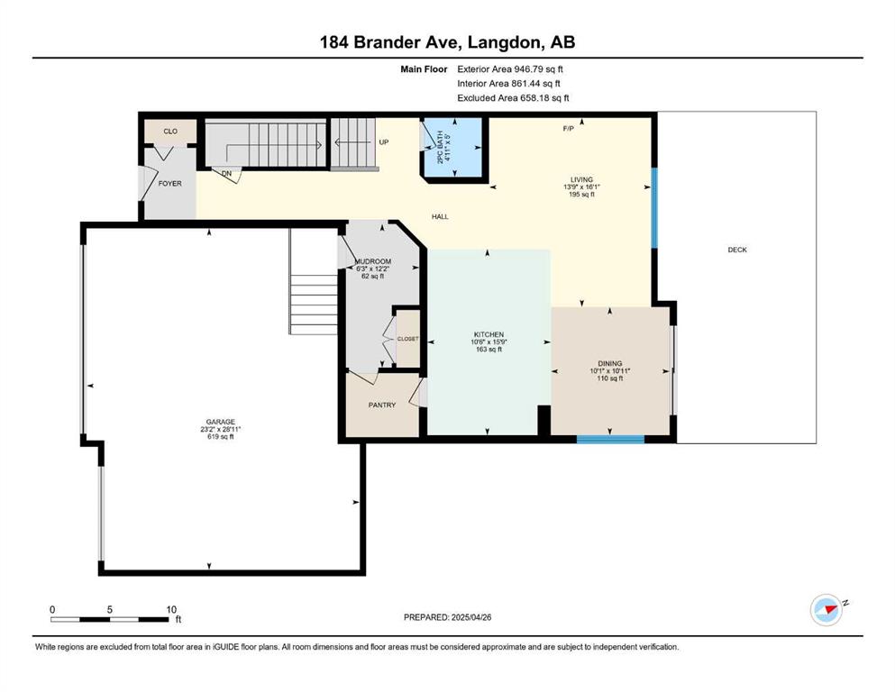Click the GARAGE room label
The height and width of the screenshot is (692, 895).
[x=220, y=422]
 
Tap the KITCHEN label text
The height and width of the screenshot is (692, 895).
[x=489, y=334]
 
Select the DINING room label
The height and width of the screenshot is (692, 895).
[x=609, y=363]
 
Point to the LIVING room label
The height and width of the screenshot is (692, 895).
[x=581, y=179]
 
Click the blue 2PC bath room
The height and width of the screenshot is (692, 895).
[x=454, y=147]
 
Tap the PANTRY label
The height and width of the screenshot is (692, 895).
[x=382, y=405]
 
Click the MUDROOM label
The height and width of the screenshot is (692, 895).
[x=373, y=261]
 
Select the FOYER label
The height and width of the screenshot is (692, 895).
[x=170, y=184]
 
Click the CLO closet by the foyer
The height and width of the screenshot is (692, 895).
[x=170, y=132]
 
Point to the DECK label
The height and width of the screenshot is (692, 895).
[x=737, y=250]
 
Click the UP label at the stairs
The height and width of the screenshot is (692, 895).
[x=384, y=142]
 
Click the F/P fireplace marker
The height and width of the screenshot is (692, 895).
[x=568, y=129]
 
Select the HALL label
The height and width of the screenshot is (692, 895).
[x=440, y=217]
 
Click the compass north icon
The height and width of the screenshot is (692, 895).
[x=827, y=610]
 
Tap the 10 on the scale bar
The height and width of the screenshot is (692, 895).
[x=171, y=609]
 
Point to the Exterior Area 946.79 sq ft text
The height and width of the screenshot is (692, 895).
[x=510, y=69]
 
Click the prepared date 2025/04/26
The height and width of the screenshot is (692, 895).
[x=470, y=617]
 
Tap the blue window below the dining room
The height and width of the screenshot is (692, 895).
[x=610, y=440]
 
